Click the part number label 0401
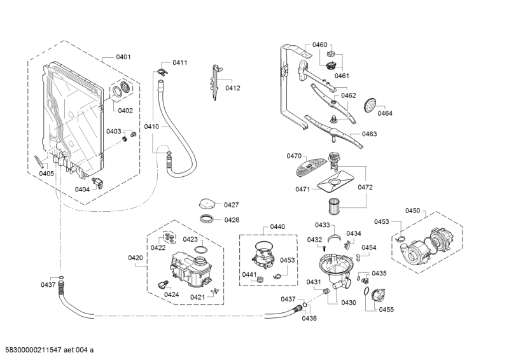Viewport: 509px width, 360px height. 123,57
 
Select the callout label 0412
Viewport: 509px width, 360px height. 233,88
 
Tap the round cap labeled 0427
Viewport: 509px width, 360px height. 207,204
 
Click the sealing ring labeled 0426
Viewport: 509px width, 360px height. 207,219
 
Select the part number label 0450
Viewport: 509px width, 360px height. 413,211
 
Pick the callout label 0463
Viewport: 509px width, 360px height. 369,134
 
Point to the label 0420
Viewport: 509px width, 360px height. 136,258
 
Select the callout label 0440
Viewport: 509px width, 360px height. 277,226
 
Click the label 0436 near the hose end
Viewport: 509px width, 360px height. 309,319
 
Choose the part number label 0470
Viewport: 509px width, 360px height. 294,156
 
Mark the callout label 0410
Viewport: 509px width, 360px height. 151,127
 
